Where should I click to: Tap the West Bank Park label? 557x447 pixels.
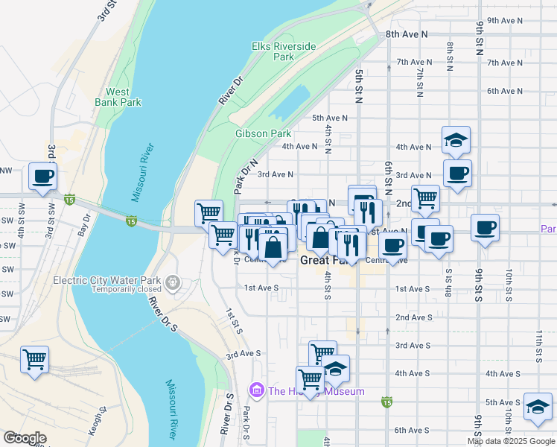click(118, 97)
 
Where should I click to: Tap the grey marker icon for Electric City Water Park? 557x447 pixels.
click(173, 282)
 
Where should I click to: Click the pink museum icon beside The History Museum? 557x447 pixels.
click(258, 390)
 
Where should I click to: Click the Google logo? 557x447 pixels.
click(25, 438)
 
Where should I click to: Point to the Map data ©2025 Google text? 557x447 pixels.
click(510, 441)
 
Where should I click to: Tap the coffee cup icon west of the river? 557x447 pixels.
click(42, 177)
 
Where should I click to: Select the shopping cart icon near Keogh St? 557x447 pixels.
click(35, 360)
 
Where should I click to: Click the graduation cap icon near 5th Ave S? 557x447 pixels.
click(537, 407)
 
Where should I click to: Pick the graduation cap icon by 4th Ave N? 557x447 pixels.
click(456, 139)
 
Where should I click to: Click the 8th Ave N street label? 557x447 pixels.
click(407, 34)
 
